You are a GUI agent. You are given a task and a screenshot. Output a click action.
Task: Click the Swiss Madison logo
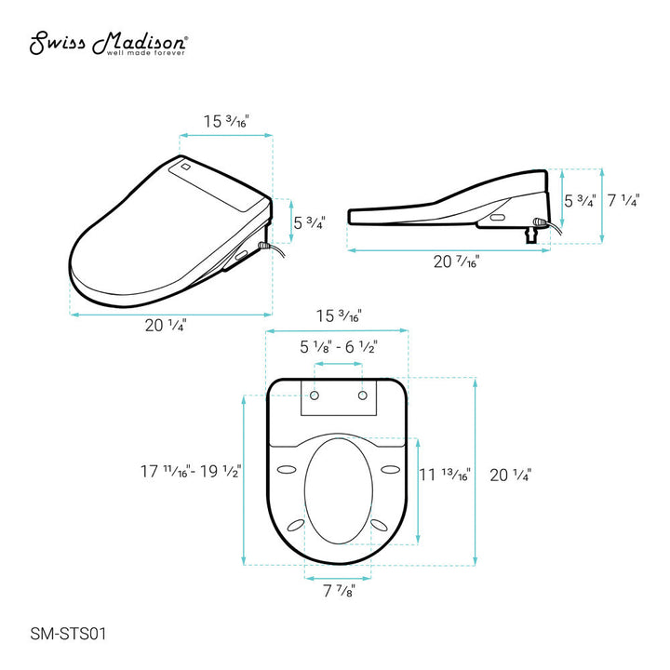coord(109,43)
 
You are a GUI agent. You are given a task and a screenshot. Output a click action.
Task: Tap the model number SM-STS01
coord(68,634)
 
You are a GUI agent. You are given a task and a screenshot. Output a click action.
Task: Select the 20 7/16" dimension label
coord(456,261)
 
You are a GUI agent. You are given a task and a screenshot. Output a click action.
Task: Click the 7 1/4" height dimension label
coord(623,200)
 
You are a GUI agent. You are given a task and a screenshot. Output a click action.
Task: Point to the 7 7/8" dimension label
coord(339,591)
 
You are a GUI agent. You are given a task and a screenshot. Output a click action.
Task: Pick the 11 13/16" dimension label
coord(445,475)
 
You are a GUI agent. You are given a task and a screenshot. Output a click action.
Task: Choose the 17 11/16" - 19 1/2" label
coord(191,471)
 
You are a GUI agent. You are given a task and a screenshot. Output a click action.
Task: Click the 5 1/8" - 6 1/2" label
coord(339,347)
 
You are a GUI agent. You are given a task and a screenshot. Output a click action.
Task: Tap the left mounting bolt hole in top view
coord(315,395)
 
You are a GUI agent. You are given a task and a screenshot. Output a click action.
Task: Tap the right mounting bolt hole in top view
coord(362,395)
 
